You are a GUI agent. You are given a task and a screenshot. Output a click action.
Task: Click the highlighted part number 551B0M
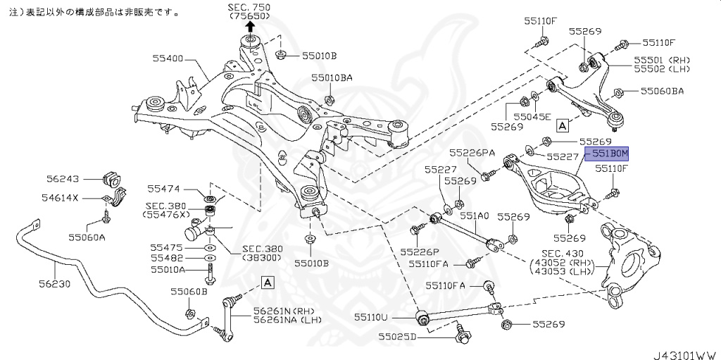(x=609, y=152)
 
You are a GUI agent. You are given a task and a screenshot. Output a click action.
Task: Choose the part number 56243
(x=64, y=179)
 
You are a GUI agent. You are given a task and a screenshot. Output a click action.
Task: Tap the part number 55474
(x=163, y=189)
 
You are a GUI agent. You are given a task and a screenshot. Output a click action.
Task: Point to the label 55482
(x=166, y=259)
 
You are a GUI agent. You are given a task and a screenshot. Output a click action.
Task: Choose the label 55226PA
(x=473, y=151)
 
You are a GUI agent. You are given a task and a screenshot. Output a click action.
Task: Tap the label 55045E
(x=533, y=116)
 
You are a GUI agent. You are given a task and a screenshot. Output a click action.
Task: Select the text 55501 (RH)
(x=661, y=61)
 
